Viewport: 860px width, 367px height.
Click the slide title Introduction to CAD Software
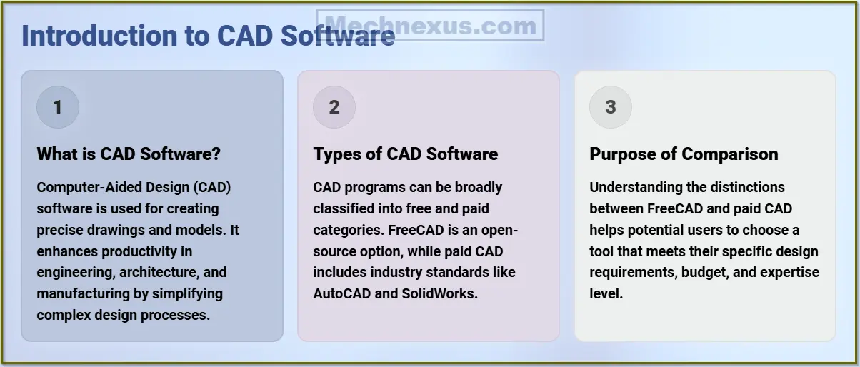pos(208,36)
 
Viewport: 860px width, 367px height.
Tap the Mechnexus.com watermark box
pos(430,25)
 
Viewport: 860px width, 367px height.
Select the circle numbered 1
pos(58,106)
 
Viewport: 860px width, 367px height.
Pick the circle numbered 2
pos(334,106)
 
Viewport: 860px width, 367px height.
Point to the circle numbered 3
pos(611,106)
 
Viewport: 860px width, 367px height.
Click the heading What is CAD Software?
pos(129,154)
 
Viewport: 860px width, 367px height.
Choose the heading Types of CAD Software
pos(406,154)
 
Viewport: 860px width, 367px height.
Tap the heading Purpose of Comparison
pos(684,154)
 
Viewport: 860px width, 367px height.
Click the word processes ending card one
pos(175,316)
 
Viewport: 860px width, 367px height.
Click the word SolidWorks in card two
pos(439,293)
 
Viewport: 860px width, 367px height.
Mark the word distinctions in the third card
pos(747,187)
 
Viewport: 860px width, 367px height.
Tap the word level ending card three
pos(606,293)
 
